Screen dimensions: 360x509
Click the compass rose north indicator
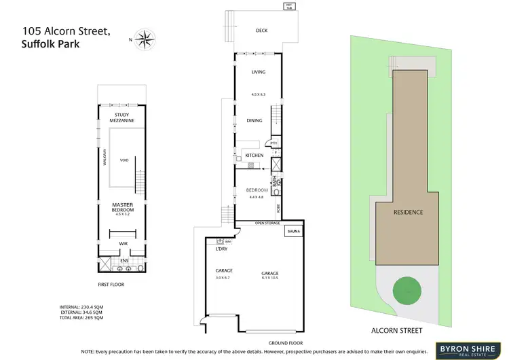pyautogui.click(x=144, y=39)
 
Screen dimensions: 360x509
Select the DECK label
pyautogui.click(x=262, y=31)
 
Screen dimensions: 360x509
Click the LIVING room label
pyautogui.click(x=258, y=71)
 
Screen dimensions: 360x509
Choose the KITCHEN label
pyautogui.click(x=254, y=156)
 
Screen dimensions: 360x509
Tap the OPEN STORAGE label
pyautogui.click(x=267, y=223)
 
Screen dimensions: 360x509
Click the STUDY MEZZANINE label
pyautogui.click(x=124, y=118)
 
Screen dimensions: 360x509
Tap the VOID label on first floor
pyautogui.click(x=124, y=161)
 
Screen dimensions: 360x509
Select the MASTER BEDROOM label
pyautogui.click(x=124, y=207)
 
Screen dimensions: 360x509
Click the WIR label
pyautogui.click(x=124, y=241)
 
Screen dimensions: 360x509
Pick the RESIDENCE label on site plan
pyautogui.click(x=409, y=212)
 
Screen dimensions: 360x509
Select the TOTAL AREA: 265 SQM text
pyautogui.click(x=81, y=318)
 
